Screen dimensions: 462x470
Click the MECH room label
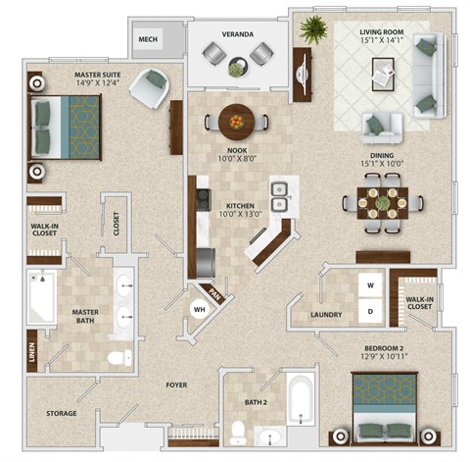tap(149, 39)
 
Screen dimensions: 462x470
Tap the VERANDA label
tap(237, 34)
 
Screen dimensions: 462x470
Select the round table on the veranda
tap(238, 67)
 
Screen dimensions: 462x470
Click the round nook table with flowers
tap(237, 122)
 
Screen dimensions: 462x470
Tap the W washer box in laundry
tap(370, 286)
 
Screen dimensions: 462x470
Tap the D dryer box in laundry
tap(370, 312)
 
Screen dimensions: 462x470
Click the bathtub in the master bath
tap(40, 297)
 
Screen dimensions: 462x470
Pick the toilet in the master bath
tap(119, 358)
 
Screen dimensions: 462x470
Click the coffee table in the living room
tap(384, 72)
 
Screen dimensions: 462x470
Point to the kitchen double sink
tap(279, 196)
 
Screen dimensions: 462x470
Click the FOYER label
tap(176, 385)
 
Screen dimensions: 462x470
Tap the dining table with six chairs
tap(383, 203)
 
